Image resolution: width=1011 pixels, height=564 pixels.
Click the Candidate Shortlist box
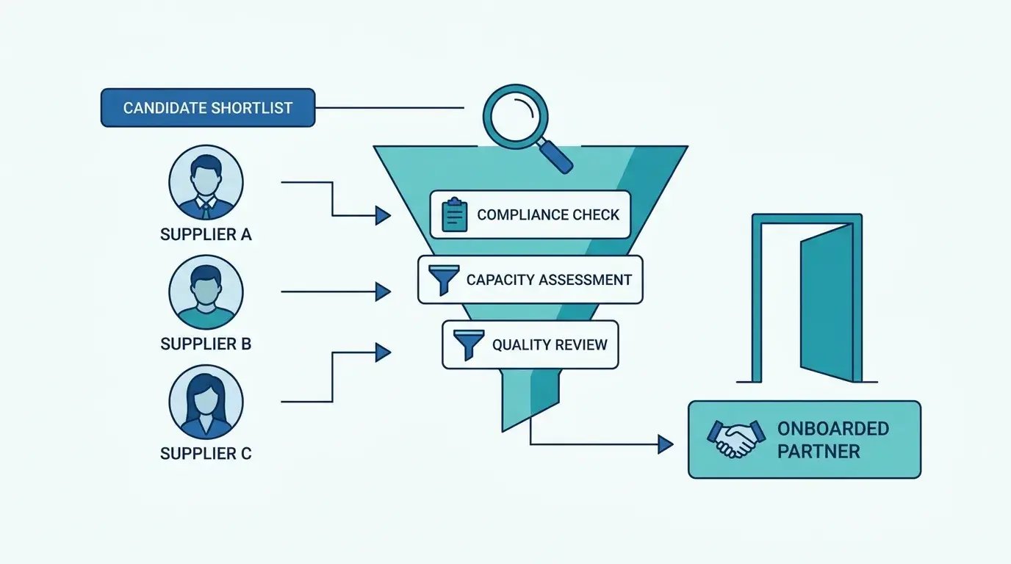[208, 107]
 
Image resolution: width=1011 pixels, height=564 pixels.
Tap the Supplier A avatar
[206, 182]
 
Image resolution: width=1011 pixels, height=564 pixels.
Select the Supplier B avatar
[206, 292]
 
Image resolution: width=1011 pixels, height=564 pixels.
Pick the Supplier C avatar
[206, 402]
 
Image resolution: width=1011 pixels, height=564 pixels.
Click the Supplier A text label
[206, 234]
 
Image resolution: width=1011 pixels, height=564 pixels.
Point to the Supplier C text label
[206, 453]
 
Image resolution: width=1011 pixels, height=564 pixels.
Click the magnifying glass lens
[516, 117]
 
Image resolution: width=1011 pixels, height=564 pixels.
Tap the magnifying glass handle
[555, 156]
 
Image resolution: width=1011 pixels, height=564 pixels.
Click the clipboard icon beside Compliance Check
[455, 214]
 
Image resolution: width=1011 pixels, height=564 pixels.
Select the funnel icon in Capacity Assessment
[444, 280]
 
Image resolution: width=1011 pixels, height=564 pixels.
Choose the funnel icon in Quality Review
[469, 344]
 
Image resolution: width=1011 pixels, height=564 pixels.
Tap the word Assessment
[586, 280]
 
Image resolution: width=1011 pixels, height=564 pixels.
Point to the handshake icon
[736, 438]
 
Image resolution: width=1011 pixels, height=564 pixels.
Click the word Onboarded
[833, 429]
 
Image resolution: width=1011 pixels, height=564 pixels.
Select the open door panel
[827, 303]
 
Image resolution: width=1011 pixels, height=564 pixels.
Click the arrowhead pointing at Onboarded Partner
[666, 444]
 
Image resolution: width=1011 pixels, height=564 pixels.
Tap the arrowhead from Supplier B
[384, 292]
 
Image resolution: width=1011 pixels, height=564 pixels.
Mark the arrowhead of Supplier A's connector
[384, 216]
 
